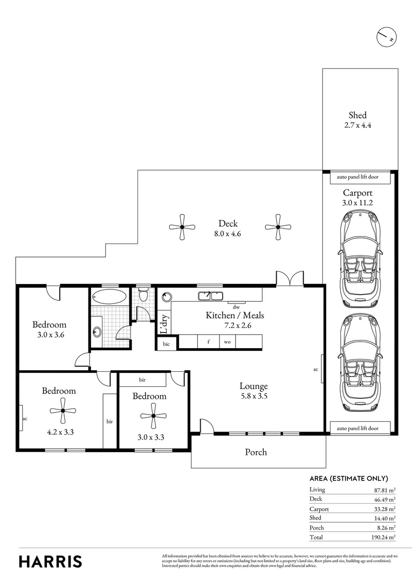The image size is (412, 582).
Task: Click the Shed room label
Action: [358, 115]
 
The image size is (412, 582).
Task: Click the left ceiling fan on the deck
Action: [182, 227]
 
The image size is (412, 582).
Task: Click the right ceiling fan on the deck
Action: [278, 227]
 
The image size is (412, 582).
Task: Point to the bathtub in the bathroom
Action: [109, 296]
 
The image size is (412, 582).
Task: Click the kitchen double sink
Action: [211, 295]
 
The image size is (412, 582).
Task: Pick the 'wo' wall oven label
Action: [228, 342]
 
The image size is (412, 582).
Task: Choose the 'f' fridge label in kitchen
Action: [208, 342]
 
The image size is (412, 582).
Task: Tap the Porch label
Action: [256, 452]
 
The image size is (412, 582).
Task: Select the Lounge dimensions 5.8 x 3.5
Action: [254, 396]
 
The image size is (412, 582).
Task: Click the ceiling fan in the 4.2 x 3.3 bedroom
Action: [63, 411]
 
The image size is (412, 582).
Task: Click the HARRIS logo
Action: [51, 561]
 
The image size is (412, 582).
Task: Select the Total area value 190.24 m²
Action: [382, 538]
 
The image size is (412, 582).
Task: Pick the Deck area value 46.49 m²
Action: [383, 499]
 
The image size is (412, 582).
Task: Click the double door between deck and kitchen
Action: [290, 279]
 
